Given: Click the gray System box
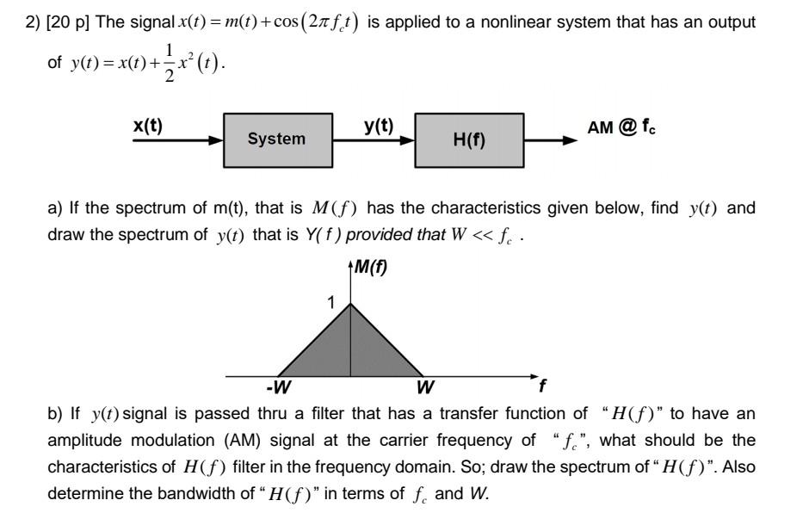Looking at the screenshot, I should [276, 139].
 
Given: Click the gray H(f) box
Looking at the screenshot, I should [469, 139].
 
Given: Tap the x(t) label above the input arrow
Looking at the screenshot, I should [147, 125].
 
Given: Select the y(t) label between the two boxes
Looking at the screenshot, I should [379, 126].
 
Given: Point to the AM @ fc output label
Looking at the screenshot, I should [622, 127].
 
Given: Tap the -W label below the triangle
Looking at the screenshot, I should [277, 386].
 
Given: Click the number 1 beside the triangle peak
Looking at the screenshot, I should [330, 303].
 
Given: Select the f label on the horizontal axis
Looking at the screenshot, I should [541, 386].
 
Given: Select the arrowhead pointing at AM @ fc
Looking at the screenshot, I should [569, 139].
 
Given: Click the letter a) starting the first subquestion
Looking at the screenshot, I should [55, 209].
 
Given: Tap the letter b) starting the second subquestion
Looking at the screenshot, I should [55, 414].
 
